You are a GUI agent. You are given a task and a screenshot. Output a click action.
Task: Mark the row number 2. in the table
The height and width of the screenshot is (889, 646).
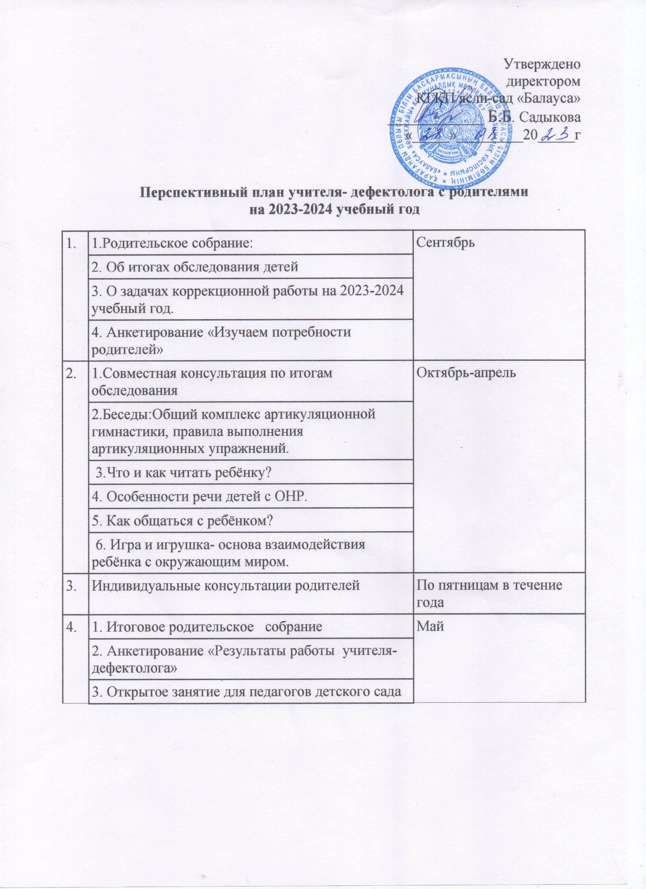point(72,372)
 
